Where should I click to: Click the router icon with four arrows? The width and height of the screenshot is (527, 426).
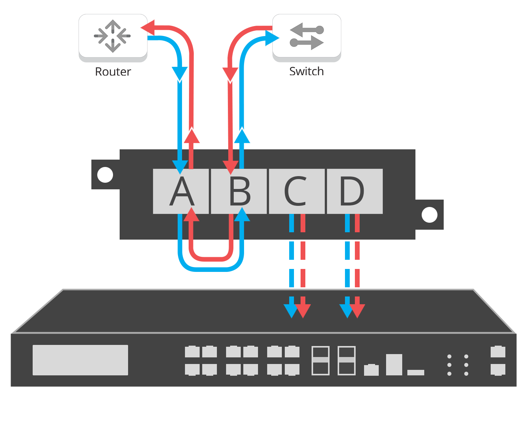click(113, 36)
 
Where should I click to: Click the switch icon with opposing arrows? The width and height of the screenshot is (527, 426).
click(307, 36)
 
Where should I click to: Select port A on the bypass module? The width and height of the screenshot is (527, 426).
click(181, 191)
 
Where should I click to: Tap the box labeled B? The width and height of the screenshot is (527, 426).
click(239, 191)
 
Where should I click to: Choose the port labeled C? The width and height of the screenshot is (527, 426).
click(297, 191)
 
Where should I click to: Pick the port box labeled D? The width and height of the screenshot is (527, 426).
click(355, 191)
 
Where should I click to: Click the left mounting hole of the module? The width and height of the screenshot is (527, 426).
click(105, 175)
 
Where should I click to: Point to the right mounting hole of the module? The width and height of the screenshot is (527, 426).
click(429, 215)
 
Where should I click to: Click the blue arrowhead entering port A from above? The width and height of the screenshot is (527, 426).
click(180, 167)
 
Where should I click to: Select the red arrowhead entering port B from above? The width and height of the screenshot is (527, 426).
click(230, 167)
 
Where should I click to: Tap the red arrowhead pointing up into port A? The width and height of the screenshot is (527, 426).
click(191, 215)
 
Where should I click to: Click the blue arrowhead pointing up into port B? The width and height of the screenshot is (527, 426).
click(242, 215)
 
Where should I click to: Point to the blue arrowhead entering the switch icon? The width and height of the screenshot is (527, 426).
click(272, 38)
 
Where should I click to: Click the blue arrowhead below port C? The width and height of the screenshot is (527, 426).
click(291, 310)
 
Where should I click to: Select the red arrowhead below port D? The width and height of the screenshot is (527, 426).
click(357, 310)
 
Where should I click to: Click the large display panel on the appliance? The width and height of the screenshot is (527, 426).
click(80, 360)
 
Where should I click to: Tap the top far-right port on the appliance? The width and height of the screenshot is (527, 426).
click(498, 352)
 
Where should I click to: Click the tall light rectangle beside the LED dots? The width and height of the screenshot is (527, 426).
click(394, 364)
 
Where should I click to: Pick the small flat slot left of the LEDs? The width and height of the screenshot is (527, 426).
click(416, 372)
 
